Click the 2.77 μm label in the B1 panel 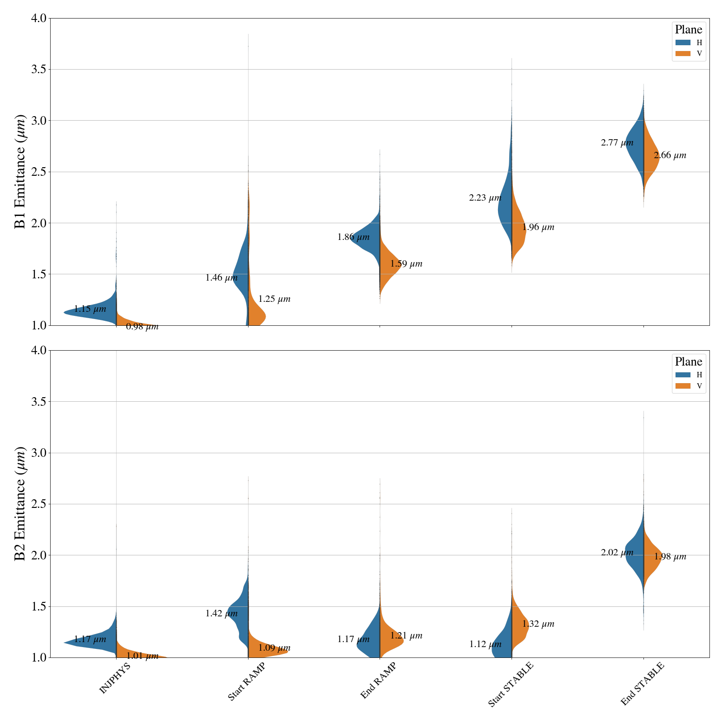pyautogui.click(x=617, y=143)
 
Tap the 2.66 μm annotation pyautogui.click(x=670, y=155)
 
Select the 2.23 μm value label pyautogui.click(x=485, y=198)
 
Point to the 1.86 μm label pyautogui.click(x=353, y=237)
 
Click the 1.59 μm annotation pyautogui.click(x=406, y=264)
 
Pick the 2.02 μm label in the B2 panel pyautogui.click(x=617, y=553)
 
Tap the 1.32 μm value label pyautogui.click(x=538, y=624)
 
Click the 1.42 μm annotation pyautogui.click(x=221, y=614)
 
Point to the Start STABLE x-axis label pyautogui.click(x=511, y=684)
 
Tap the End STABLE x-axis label pyautogui.click(x=642, y=684)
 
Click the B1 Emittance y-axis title pyautogui.click(x=21, y=172)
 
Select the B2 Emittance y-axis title pyautogui.click(x=21, y=504)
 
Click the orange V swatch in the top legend pyautogui.click(x=683, y=54)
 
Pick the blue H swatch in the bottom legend pyautogui.click(x=683, y=375)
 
